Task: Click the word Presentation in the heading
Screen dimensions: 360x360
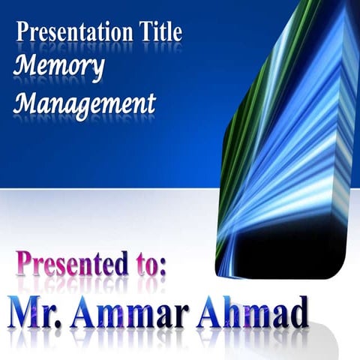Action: coord(73,32)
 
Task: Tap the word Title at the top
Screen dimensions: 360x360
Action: coord(159,32)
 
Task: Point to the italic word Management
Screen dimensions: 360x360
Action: coord(85,102)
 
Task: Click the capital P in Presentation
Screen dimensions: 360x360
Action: coord(22,32)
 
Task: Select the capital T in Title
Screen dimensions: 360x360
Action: coord(144,31)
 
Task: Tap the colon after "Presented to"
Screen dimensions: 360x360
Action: coord(162,268)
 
